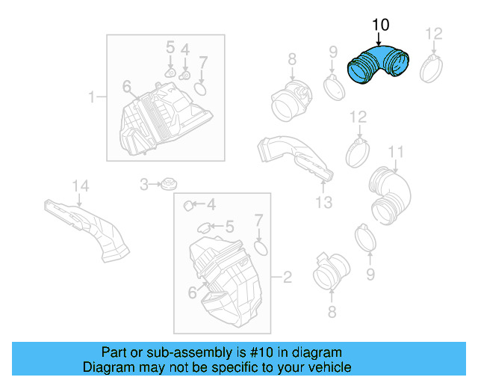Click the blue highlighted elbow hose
379,67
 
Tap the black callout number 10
380,25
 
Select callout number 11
395,153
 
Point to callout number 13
323,203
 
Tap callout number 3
144,183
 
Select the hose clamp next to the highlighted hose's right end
433,69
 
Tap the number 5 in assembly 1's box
170,47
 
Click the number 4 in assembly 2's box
211,204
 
